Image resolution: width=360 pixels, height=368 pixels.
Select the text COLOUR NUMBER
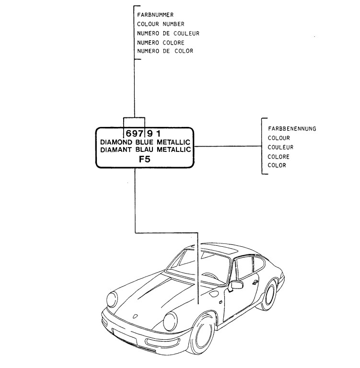[x=160, y=24]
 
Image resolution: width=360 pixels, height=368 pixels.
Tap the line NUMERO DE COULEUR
[x=168, y=33]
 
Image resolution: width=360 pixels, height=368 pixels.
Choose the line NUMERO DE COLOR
[x=165, y=51]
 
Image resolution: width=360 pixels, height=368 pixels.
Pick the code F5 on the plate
[x=144, y=161]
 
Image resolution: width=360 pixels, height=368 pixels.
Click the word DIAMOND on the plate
[x=116, y=142]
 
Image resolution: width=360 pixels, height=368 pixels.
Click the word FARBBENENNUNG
[x=292, y=129]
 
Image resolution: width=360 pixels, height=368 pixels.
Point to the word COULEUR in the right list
[x=280, y=148]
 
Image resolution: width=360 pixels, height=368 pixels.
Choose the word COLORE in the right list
[x=279, y=157]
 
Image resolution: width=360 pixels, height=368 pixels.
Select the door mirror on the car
[x=236, y=286]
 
